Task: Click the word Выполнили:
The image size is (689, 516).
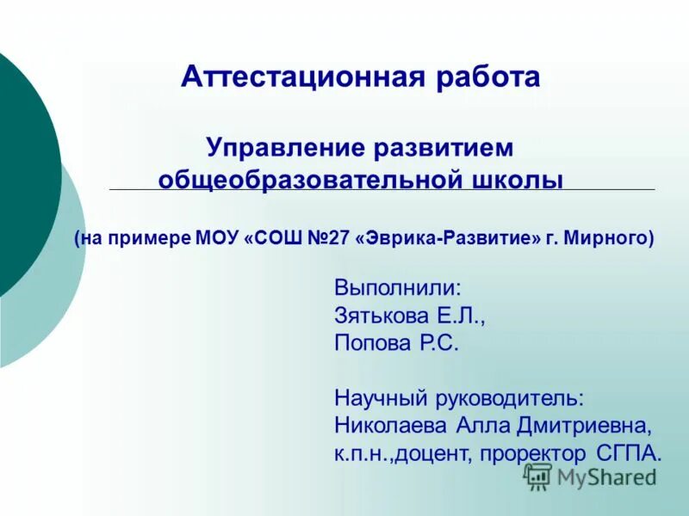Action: [x=398, y=286]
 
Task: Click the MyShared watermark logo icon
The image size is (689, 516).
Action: [x=538, y=476]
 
